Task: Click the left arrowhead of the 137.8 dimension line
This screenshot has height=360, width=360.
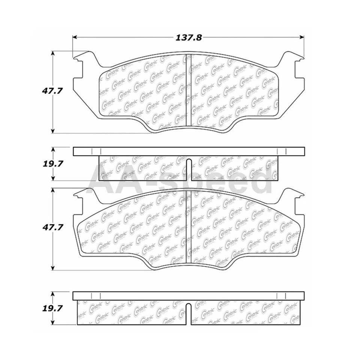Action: (75, 37)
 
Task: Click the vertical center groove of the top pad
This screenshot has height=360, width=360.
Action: (187, 90)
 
